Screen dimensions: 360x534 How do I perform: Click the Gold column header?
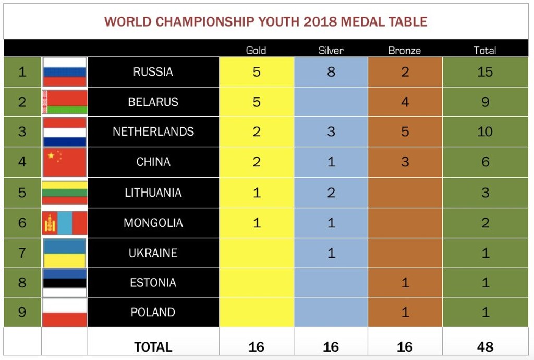(256, 50)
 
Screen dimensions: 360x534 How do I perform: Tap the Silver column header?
(331, 50)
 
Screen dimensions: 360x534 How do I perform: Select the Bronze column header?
(404, 50)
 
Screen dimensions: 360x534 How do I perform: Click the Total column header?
(484, 50)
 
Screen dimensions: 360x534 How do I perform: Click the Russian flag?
(64, 72)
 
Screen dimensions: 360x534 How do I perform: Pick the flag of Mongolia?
(64, 223)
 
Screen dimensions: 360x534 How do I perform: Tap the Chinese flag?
(64, 162)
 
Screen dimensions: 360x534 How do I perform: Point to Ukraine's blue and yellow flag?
(64, 253)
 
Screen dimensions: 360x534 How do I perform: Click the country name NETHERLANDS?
(153, 131)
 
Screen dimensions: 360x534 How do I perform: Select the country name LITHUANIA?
(153, 193)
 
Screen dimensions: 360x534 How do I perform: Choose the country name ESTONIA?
(153, 283)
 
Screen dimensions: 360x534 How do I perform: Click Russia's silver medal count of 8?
(331, 71)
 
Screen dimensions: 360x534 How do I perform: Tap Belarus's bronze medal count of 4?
(405, 102)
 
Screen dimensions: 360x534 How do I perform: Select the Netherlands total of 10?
(484, 131)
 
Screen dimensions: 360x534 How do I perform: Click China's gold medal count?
(256, 162)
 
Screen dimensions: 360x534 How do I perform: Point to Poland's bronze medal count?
(405, 313)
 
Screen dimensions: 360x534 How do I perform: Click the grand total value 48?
(485, 346)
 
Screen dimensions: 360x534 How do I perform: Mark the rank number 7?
(22, 253)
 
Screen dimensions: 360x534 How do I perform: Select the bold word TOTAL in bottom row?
(153, 346)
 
